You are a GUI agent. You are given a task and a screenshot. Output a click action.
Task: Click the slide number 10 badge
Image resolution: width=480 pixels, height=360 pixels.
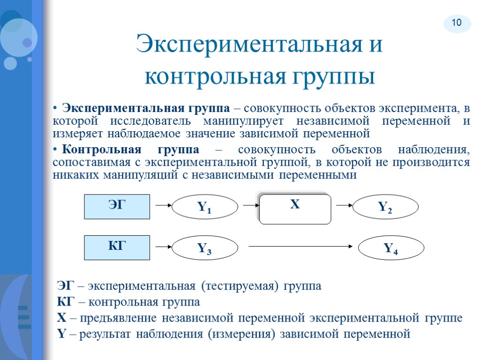click(457, 22)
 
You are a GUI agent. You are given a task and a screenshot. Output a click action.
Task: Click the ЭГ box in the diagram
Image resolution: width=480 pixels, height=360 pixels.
click(117, 207)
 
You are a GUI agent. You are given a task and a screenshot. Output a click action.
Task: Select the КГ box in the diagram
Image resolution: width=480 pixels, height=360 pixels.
click(117, 247)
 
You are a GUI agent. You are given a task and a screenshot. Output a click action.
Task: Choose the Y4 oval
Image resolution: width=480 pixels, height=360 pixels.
click(391, 248)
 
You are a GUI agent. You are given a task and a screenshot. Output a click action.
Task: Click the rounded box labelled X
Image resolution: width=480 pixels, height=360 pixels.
click(295, 208)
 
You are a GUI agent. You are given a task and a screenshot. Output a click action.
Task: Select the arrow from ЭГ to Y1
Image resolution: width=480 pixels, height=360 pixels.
click(162, 205)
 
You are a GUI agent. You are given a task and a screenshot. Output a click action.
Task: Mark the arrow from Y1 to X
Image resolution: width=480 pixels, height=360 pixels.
click(248, 205)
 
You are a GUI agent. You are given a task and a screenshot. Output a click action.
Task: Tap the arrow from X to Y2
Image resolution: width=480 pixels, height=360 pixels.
click(344, 205)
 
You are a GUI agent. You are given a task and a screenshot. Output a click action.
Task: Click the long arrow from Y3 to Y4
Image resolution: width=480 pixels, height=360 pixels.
click(300, 246)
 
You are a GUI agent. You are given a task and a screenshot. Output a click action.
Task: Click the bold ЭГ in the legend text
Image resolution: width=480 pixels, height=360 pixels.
click(65, 285)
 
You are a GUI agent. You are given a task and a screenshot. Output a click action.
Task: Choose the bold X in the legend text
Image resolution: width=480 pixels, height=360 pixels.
click(61, 318)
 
